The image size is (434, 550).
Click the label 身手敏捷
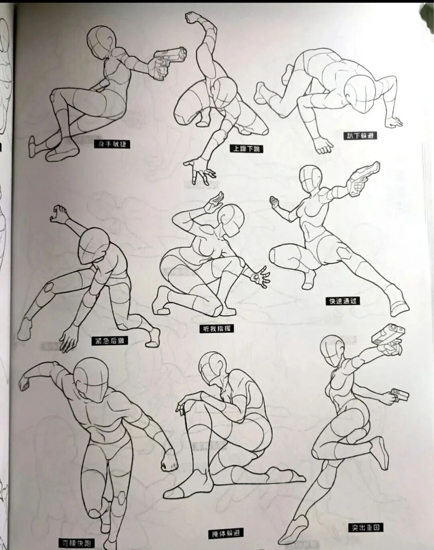tap(112, 144)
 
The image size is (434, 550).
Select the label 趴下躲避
tap(361, 135)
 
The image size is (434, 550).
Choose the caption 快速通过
tap(342, 300)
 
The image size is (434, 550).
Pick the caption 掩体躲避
tap(226, 534)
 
